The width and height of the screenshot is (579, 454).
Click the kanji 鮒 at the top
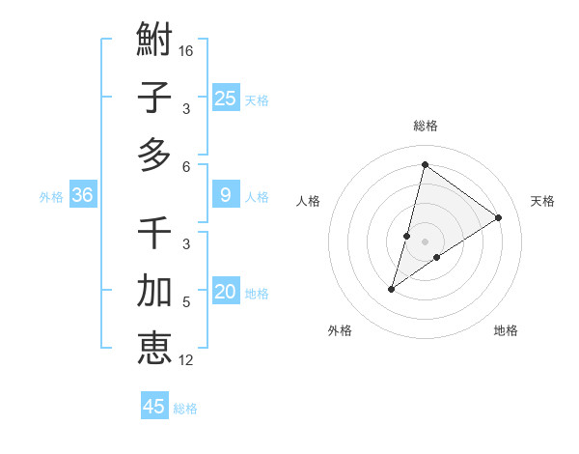pos(154,40)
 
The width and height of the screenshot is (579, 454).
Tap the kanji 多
pos(154,156)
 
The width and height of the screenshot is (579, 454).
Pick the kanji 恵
pos(154,348)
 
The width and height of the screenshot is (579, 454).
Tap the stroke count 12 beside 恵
pos(186,360)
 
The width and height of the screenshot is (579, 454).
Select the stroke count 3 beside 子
pos(186,108)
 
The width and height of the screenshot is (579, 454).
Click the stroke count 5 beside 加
pos(186,302)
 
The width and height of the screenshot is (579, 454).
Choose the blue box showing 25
pos(226,98)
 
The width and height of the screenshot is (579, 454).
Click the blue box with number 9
pos(226,195)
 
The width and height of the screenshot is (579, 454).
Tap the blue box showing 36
pos(83,195)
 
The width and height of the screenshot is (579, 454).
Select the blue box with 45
pos(154,407)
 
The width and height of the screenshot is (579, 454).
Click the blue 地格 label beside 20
pos(258,294)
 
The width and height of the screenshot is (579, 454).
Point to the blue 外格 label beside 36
pos(51,197)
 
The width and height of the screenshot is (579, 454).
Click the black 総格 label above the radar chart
pos(426,126)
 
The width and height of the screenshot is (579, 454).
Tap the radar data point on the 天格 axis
pos(499,218)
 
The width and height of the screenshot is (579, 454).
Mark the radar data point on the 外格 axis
pos(392,289)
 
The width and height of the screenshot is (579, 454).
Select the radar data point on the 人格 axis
pos(407,235)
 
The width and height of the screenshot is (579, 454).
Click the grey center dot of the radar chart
pos(426,241)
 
